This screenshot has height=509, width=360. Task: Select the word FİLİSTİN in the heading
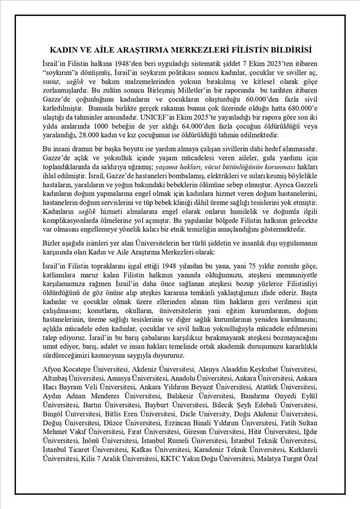pos(238,50)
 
